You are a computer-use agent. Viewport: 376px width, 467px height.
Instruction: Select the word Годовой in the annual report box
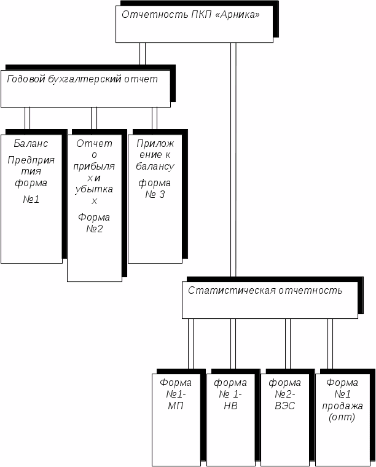click(x=26, y=79)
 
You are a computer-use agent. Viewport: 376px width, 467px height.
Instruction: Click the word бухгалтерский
click(x=85, y=79)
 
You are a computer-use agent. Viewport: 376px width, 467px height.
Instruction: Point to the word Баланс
click(x=31, y=144)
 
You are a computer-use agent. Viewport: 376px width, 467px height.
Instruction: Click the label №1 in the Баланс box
click(x=31, y=199)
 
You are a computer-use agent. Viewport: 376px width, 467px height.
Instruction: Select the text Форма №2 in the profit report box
click(x=94, y=223)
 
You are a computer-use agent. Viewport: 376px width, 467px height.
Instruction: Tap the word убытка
click(x=94, y=189)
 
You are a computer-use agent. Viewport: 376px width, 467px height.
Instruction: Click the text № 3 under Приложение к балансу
click(x=155, y=195)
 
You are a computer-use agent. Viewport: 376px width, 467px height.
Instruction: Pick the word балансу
click(x=155, y=166)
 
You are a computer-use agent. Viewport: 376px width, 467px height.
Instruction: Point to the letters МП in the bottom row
click(x=176, y=406)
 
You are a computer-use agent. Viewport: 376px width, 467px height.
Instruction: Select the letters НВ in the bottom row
click(x=230, y=406)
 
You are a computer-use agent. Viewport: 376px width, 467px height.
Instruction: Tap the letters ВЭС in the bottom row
click(x=285, y=406)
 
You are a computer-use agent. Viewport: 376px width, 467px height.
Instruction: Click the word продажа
click(x=342, y=406)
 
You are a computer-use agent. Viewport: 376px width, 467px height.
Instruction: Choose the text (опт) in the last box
click(x=342, y=417)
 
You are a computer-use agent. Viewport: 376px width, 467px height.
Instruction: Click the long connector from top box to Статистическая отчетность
click(x=233, y=160)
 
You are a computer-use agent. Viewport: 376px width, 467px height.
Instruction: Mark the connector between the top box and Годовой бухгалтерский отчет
click(x=143, y=53)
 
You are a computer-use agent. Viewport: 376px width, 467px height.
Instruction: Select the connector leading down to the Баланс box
click(x=28, y=119)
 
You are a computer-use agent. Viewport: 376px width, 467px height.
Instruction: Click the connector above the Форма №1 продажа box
click(x=330, y=344)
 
